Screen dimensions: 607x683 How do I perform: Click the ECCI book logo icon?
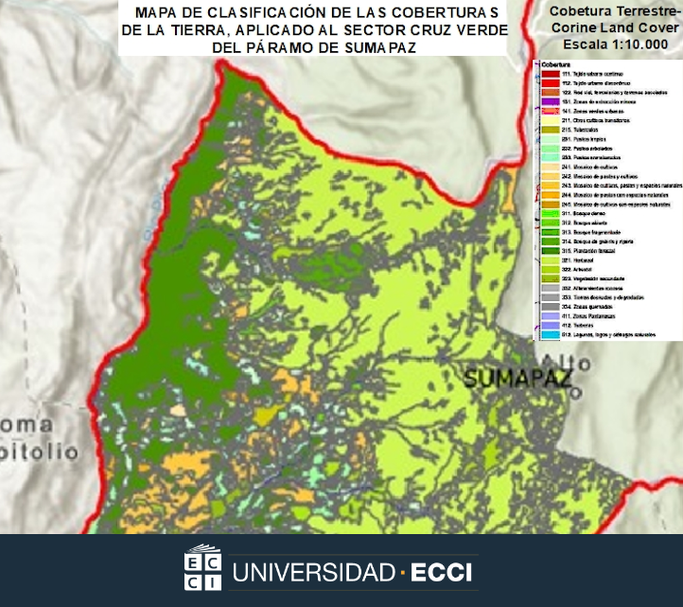coord(202,568)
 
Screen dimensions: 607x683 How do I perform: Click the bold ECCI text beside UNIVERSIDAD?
coord(446,573)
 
